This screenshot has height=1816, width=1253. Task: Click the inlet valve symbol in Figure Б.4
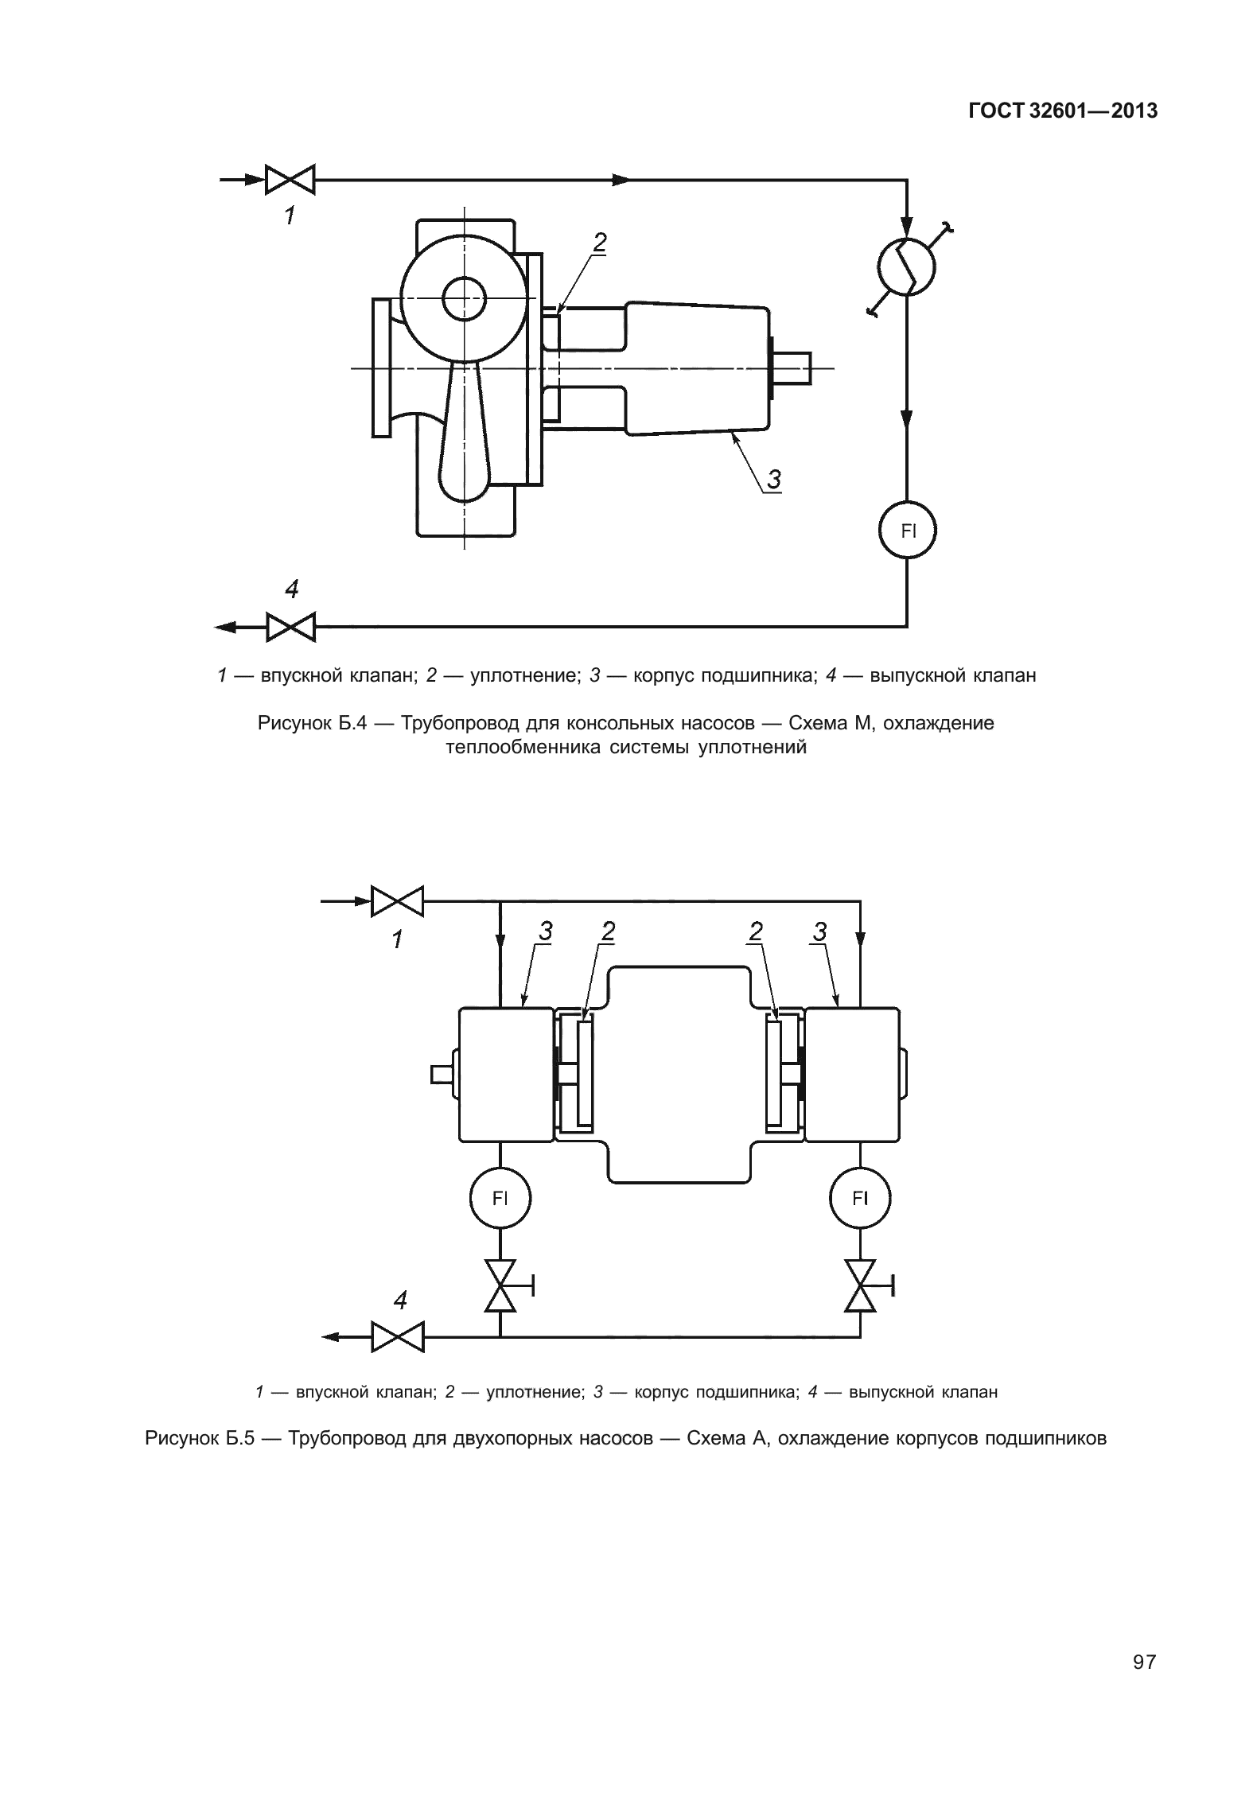[290, 180]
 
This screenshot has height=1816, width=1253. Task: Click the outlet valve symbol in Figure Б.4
[290, 627]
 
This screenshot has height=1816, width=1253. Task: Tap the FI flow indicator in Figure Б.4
[907, 531]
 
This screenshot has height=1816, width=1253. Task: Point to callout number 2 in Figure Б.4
[600, 242]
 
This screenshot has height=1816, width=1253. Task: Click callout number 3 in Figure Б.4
[773, 479]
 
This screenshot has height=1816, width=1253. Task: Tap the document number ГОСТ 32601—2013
[1062, 111]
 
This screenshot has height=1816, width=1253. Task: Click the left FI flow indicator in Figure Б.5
[500, 1199]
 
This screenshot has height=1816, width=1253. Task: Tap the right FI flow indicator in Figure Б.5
[860, 1199]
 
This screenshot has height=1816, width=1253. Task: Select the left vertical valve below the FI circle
[500, 1285]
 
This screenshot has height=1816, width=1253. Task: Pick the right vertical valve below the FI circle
[860, 1285]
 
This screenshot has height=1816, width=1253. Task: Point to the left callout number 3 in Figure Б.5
[546, 931]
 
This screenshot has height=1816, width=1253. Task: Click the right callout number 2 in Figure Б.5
[756, 931]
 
